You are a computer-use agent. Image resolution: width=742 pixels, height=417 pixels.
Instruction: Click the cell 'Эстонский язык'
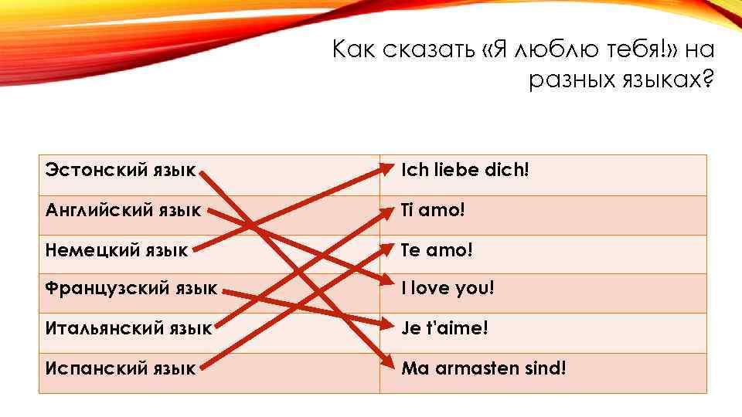coord(120,169)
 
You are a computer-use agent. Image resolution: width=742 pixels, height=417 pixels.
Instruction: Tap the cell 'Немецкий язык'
coord(117,249)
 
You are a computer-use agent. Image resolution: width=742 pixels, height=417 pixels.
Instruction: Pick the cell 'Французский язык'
coord(131,289)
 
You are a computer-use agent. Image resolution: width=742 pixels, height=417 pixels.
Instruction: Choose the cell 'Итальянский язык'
coord(128,329)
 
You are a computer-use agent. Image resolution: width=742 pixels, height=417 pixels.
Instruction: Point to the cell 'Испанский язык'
coord(121,368)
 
